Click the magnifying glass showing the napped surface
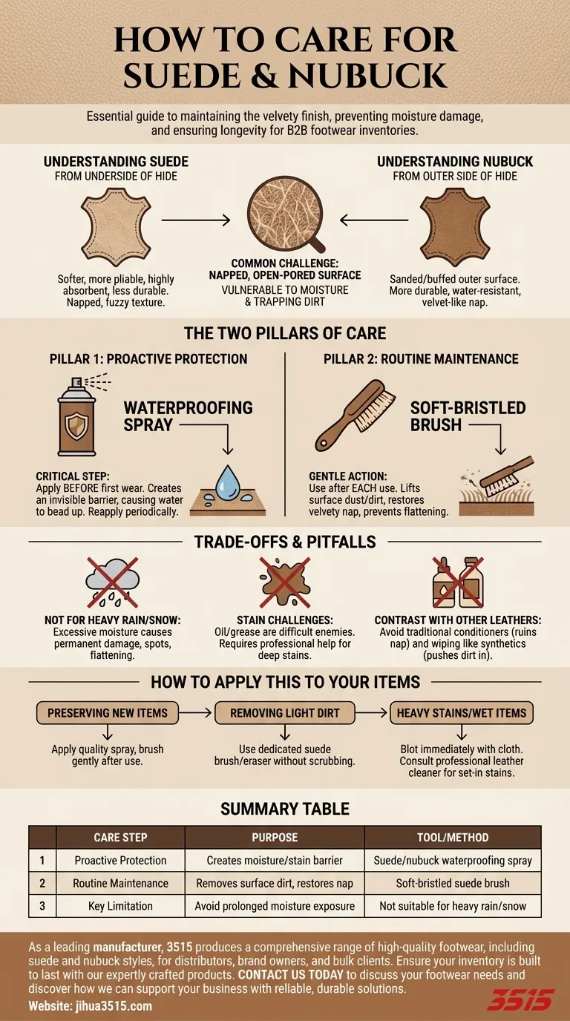285,214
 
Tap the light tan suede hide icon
116,226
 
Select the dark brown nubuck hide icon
455,226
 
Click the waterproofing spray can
77,416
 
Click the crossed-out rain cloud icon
112,582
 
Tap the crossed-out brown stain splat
285,582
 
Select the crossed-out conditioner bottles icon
458,582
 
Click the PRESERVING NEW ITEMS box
108,713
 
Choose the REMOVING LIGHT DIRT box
285,713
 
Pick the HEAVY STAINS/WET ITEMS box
462,713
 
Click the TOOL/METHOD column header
453,837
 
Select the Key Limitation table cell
120,906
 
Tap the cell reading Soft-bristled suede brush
453,883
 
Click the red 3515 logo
521,999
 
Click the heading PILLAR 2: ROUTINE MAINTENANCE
421,359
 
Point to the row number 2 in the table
42,883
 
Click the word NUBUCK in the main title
367,76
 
